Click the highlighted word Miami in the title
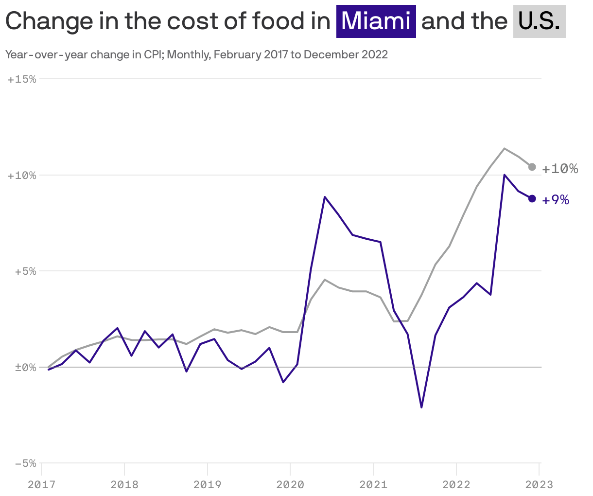click(376, 21)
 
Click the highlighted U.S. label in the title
click(539, 21)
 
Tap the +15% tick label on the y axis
click(22, 79)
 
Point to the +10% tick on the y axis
click(22, 175)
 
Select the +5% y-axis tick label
click(25, 271)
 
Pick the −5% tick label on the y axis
click(25, 463)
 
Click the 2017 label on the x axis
click(41, 485)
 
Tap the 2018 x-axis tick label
click(124, 485)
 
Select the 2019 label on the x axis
click(207, 485)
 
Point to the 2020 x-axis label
click(290, 485)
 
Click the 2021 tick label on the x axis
click(373, 485)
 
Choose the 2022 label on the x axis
click(456, 485)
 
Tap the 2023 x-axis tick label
click(539, 485)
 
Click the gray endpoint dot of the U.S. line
click(532, 167)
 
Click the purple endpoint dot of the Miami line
click(532, 198)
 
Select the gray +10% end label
click(560, 169)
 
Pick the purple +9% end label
click(556, 200)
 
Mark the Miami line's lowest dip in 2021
click(421, 407)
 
